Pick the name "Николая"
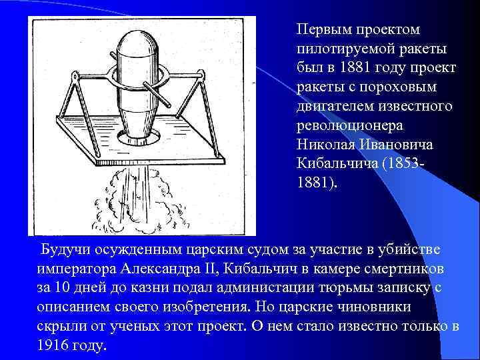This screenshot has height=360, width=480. pos(325,145)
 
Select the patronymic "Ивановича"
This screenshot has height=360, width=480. pos(401,145)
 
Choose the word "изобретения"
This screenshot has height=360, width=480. pos(205,308)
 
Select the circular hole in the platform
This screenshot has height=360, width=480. pos(141,137)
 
